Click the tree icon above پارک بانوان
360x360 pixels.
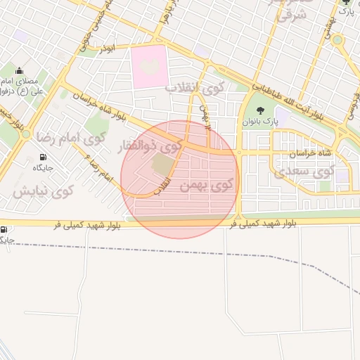pyautogui.click(x=261, y=110)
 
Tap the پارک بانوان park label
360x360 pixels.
pyautogui.click(x=261, y=121)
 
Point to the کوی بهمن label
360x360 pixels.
pyautogui.click(x=209, y=186)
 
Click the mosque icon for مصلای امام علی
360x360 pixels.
pyautogui.click(x=18, y=70)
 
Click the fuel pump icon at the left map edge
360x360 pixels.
pyautogui.click(x=5, y=230)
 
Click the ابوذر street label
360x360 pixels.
pyautogui.click(x=106, y=49)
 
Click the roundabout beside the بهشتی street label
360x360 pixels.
pyautogui.click(x=337, y=39)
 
